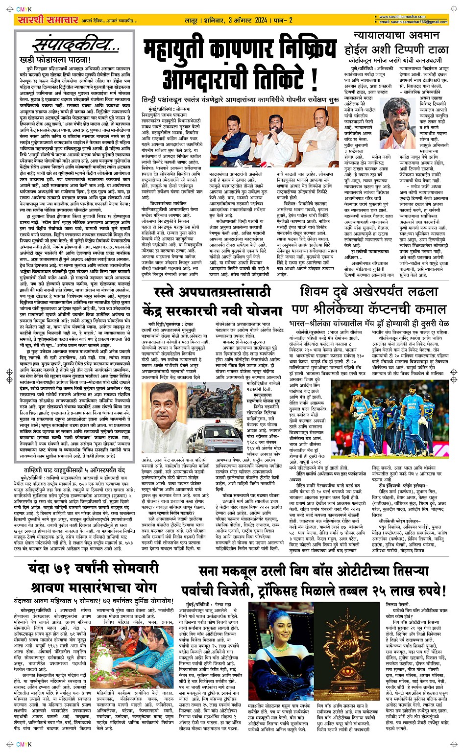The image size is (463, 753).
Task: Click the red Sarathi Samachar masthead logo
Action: pos(41,20)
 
